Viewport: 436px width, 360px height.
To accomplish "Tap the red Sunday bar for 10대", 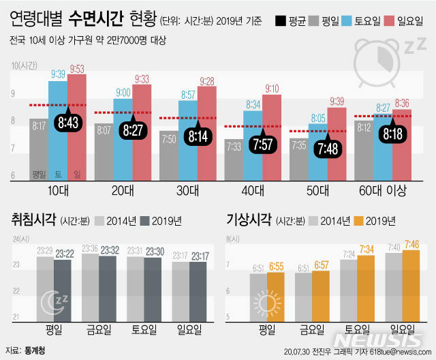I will [77, 130].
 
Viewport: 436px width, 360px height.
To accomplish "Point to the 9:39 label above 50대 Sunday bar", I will [337, 102].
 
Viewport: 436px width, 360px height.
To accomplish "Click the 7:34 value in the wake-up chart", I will [367, 250].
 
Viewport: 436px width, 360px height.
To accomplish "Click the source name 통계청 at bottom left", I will [35, 347].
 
